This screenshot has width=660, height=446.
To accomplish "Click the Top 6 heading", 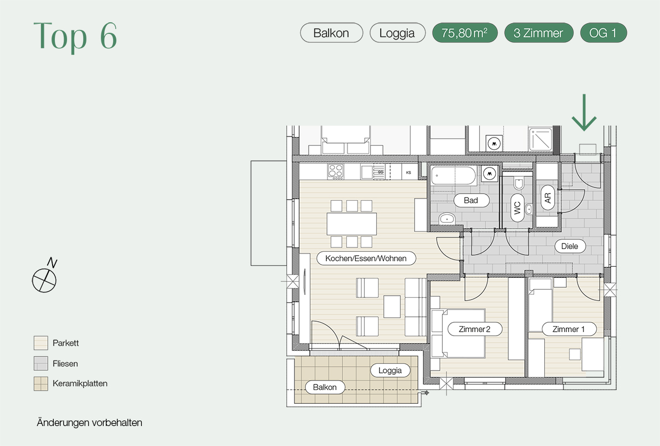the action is pyautogui.click(x=75, y=36).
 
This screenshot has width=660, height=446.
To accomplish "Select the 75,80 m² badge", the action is pyautogui.click(x=465, y=33).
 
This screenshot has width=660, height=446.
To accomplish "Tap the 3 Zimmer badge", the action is pyautogui.click(x=538, y=33).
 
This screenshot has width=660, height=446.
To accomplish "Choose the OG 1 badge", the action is pyautogui.click(x=603, y=33).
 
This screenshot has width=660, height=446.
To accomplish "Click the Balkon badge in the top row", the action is pyautogui.click(x=331, y=33).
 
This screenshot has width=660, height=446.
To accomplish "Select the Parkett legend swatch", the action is pyautogui.click(x=41, y=343).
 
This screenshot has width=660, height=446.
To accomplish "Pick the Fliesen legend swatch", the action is pyautogui.click(x=41, y=363).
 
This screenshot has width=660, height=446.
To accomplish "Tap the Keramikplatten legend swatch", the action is pyautogui.click(x=41, y=384).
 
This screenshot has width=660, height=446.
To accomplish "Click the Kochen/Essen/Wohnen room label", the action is pyautogui.click(x=366, y=259).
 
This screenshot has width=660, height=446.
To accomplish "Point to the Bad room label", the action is pyautogui.click(x=471, y=200).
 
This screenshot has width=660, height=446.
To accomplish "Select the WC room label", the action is pyautogui.click(x=518, y=207).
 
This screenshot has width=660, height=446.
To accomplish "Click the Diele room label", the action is pyautogui.click(x=570, y=246).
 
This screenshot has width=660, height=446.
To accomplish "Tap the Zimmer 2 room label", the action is pyautogui.click(x=474, y=330).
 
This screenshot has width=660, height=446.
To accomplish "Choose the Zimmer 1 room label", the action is pyautogui.click(x=569, y=330).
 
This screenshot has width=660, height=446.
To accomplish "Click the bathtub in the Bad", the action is pyautogui.click(x=454, y=175).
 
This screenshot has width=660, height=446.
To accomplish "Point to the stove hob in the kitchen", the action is pyautogui.click(x=335, y=171).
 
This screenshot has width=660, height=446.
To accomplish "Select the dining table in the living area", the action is pyautogui.click(x=352, y=224).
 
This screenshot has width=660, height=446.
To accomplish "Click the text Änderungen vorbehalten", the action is pyautogui.click(x=89, y=422).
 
